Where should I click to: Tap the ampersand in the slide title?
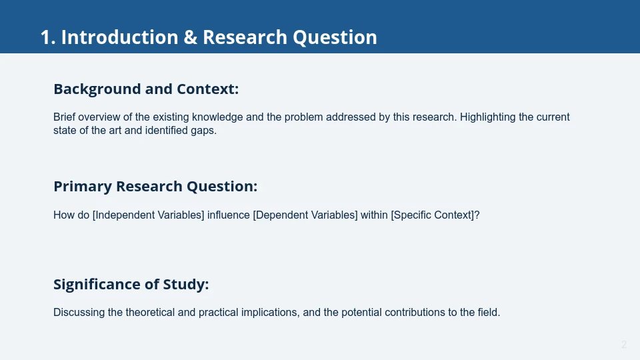(x=190, y=37)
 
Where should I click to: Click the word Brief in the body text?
(x=65, y=117)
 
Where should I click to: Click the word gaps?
(x=203, y=131)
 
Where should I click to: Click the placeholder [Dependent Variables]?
(x=305, y=215)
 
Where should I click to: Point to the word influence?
(x=229, y=215)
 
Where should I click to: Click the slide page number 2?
(x=624, y=345)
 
